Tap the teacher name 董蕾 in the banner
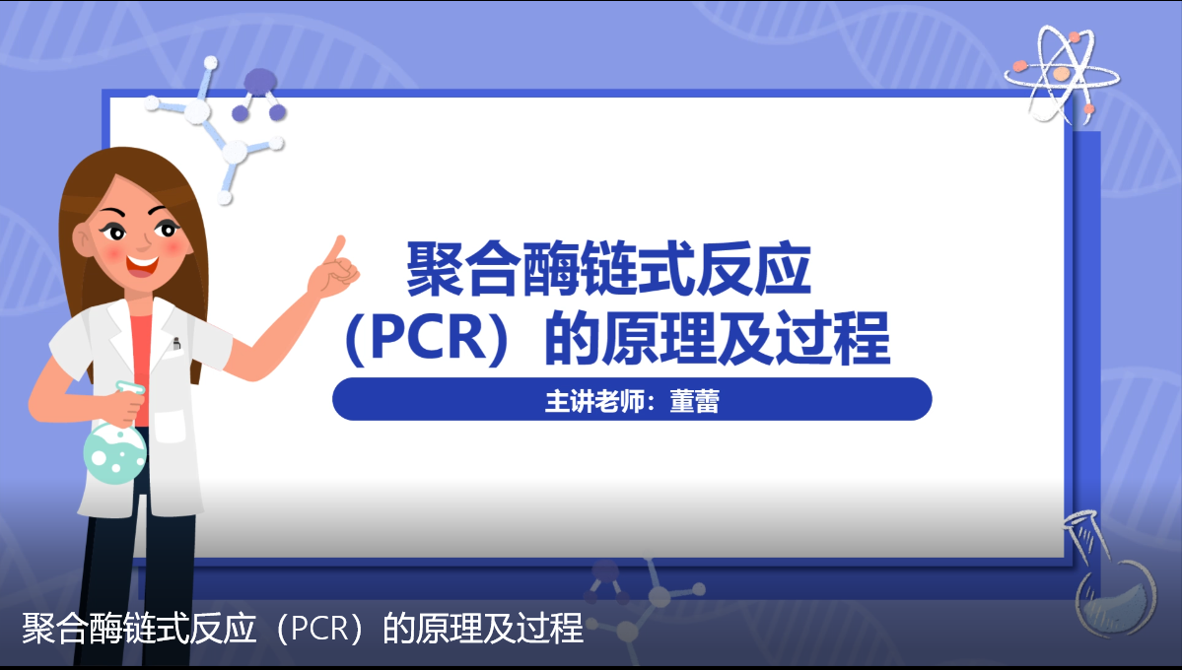(x=694, y=400)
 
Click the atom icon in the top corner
(x=1062, y=74)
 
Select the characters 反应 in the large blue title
(x=753, y=269)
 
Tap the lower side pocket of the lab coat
(x=171, y=427)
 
